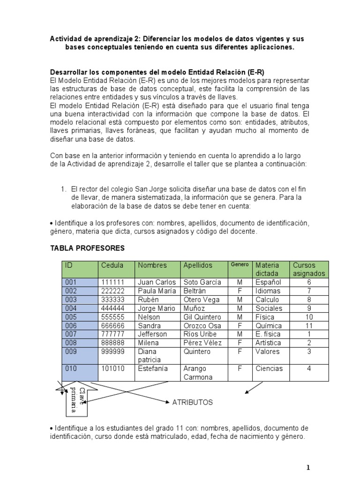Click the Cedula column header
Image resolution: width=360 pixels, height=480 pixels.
[x=112, y=265]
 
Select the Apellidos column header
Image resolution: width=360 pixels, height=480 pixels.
[x=198, y=265]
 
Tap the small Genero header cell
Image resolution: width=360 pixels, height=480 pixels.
[x=240, y=265]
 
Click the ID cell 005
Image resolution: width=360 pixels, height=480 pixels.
[x=71, y=317]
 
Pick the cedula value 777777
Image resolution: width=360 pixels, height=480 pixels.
[x=112, y=334]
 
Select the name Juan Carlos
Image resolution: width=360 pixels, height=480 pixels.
[x=157, y=282]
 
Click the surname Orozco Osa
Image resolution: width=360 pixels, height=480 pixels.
[x=202, y=326]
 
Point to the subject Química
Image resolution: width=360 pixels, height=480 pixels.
[x=269, y=326]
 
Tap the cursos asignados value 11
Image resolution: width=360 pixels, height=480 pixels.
[x=309, y=326]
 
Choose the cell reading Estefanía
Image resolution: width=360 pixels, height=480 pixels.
[x=153, y=368]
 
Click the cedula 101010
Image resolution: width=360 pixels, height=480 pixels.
[x=112, y=368]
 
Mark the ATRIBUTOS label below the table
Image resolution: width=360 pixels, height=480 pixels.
[x=193, y=402]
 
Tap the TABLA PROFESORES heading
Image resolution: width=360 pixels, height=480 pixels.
[x=87, y=248]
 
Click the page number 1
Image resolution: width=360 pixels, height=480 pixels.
[x=308, y=467]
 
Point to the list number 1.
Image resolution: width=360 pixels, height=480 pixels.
[x=63, y=189]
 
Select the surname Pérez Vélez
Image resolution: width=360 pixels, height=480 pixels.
[x=202, y=343]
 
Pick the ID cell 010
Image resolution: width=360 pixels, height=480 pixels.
[x=71, y=368]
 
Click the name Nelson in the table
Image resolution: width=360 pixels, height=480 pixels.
[x=148, y=317]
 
